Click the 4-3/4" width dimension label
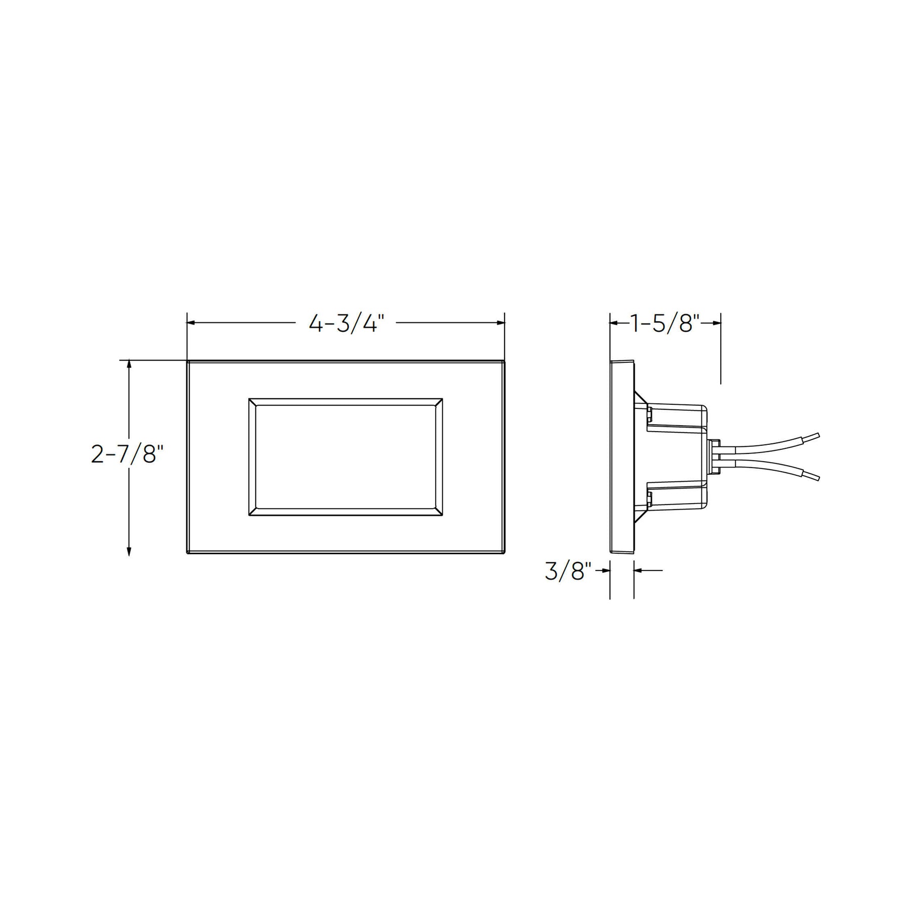[x=347, y=323]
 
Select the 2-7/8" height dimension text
[x=128, y=454]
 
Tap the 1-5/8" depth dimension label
[x=665, y=323]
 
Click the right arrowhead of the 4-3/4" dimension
[x=500, y=323]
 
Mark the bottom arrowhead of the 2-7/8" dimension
[x=129, y=550]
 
